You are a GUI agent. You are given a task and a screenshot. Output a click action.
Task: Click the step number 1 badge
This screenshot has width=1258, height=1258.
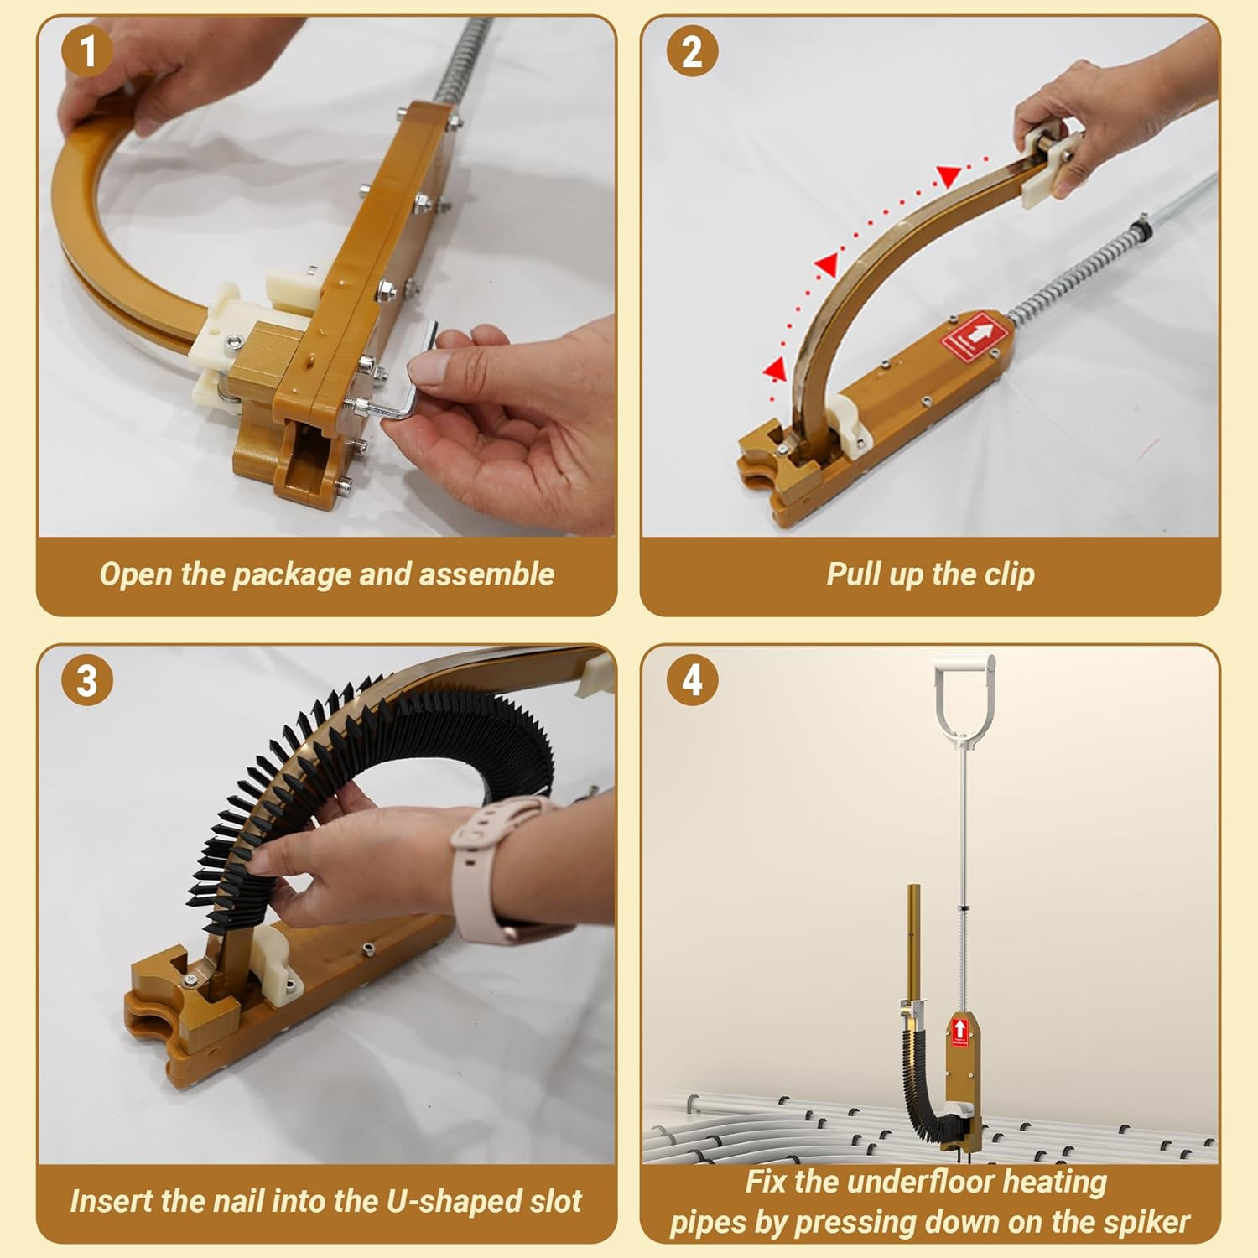pyautogui.click(x=87, y=51)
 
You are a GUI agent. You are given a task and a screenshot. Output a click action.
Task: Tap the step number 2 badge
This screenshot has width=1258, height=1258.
pyautogui.click(x=692, y=51)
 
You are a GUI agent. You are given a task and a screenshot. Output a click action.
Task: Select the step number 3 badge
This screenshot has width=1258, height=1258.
pyautogui.click(x=87, y=680)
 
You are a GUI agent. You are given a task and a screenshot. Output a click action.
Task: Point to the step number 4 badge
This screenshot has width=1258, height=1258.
pyautogui.click(x=692, y=680)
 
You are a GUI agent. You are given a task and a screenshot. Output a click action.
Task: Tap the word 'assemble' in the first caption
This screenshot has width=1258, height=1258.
pyautogui.click(x=486, y=574)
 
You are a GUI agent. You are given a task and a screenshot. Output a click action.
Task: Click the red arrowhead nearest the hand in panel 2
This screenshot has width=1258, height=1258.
pyautogui.click(x=949, y=176)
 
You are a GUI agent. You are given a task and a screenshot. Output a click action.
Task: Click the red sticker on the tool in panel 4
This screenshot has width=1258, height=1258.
pyautogui.click(x=959, y=1032)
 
